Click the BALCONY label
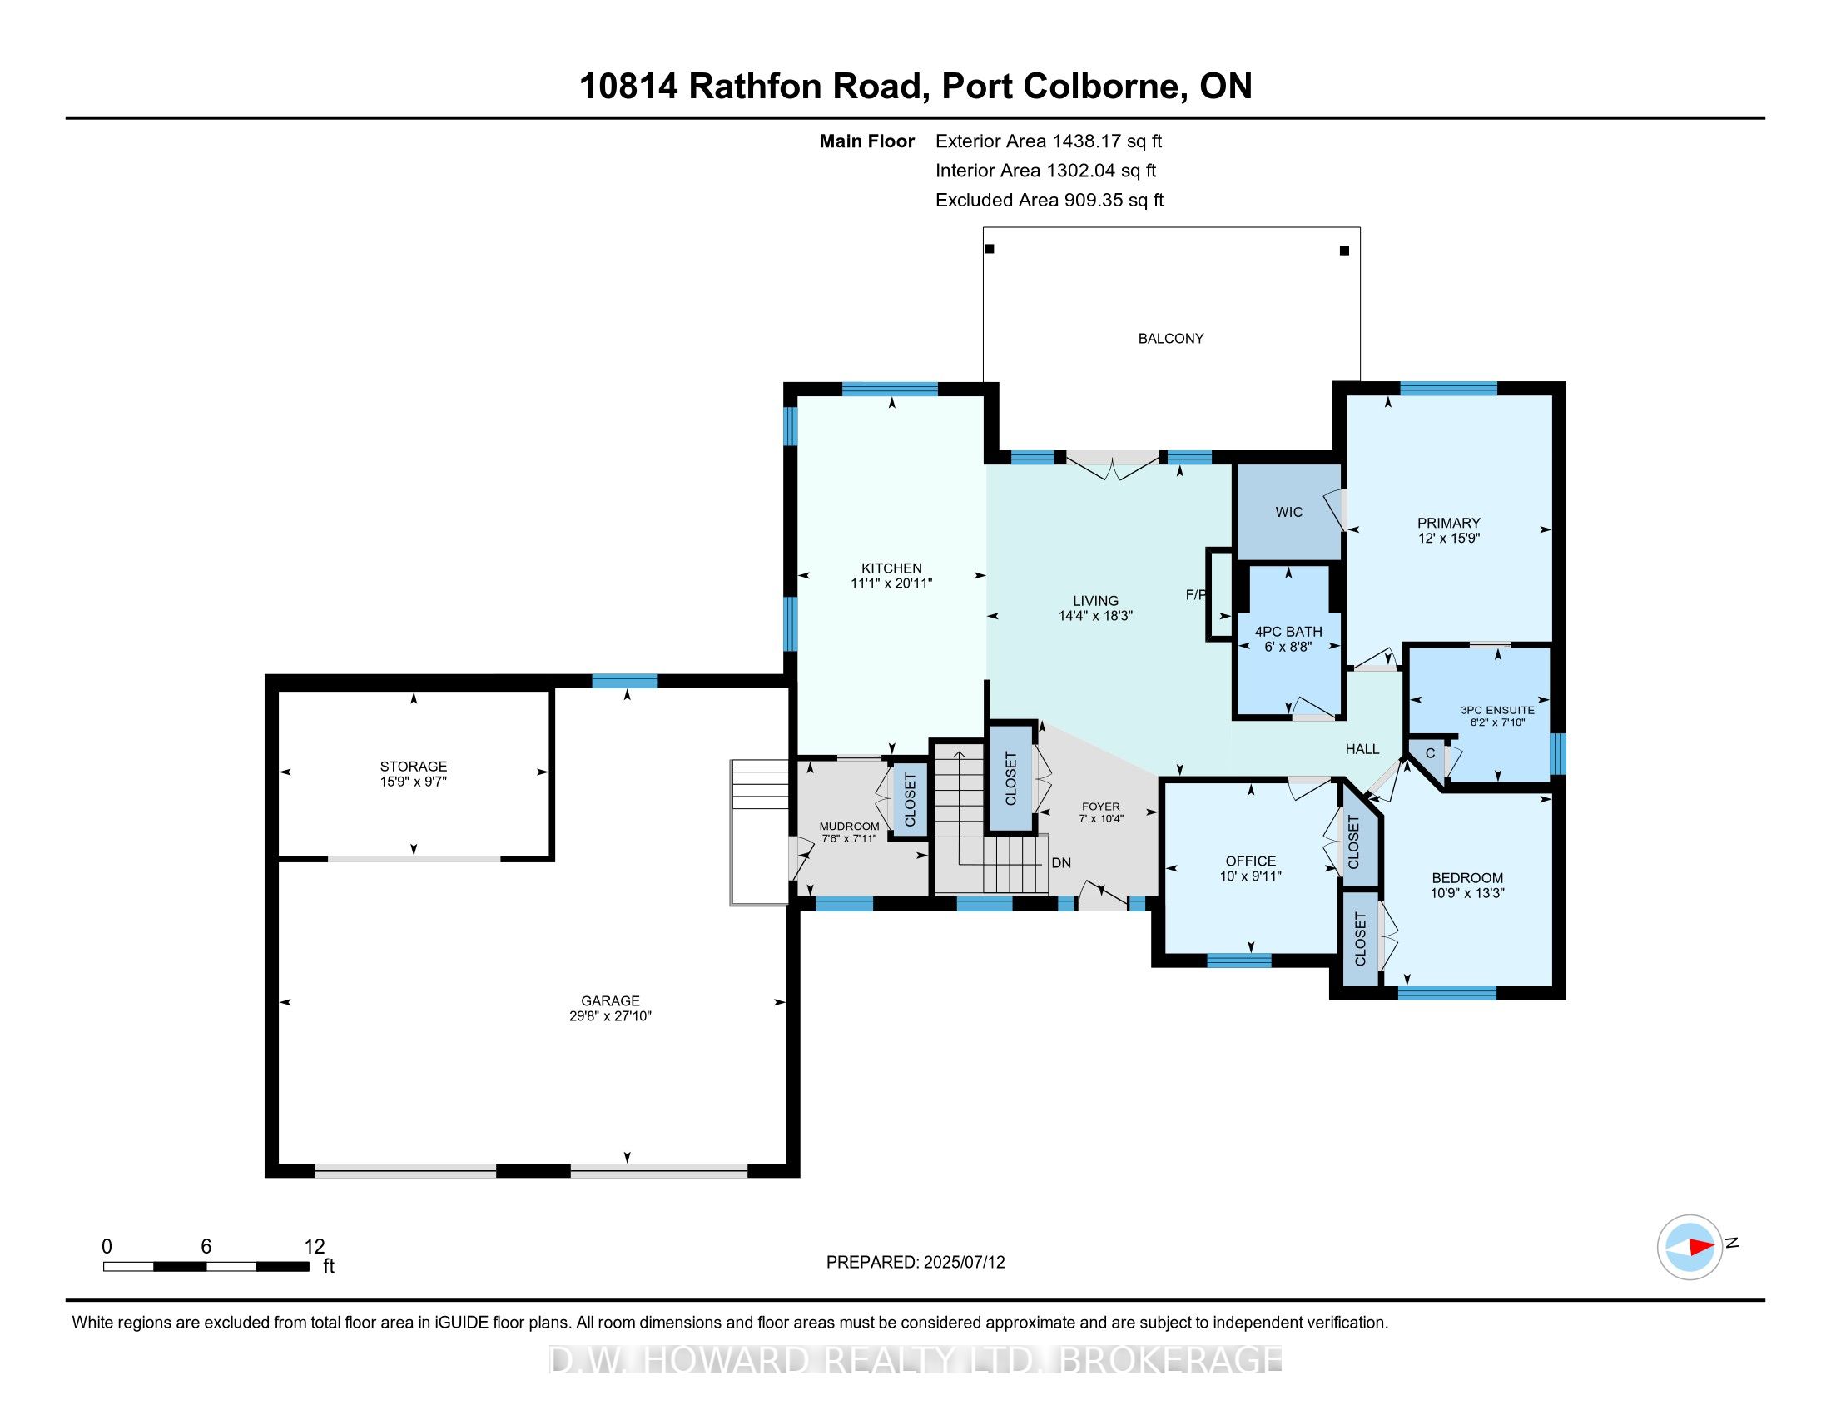pos(1170,339)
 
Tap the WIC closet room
pos(1288,512)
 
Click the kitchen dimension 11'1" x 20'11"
pos(891,583)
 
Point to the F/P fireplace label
pos(1195,594)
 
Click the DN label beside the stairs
pos(1060,862)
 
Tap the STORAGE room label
pos(414,766)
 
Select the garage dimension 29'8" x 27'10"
pos(609,1016)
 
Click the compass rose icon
pos(1690,1247)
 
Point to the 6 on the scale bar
pos(206,1247)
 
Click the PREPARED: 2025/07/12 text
pos(915,1263)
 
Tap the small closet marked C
pos(1429,753)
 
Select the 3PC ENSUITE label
pos(1497,710)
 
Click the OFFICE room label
pos(1250,861)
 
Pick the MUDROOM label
pos(848,827)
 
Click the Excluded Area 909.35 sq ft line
pos(1049,201)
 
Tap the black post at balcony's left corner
pos(990,249)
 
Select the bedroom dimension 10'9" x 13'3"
pos(1467,894)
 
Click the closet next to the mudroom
pos(910,800)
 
